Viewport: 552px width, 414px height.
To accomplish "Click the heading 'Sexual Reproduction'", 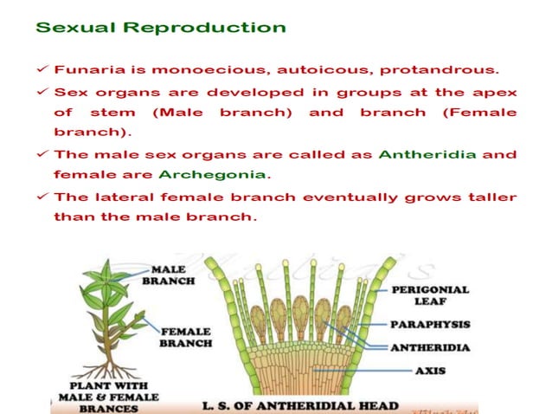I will (160, 27).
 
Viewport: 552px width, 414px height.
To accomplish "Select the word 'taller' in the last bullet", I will (490, 197).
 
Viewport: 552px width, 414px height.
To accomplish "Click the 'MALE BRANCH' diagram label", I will (173, 275).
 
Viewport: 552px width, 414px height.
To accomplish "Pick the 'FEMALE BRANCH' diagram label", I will (185, 336).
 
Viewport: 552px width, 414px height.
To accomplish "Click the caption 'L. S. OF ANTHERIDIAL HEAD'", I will (299, 404).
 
